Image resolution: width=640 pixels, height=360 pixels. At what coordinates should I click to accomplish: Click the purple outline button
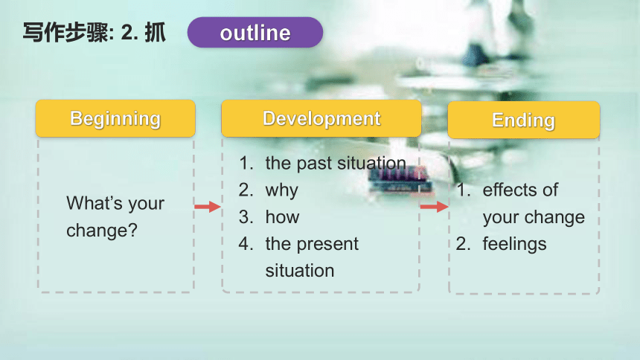255,32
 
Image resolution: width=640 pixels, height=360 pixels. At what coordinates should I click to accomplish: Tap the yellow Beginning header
115,118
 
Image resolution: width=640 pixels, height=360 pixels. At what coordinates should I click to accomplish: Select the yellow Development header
321,118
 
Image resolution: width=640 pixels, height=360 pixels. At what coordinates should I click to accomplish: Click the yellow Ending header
524,120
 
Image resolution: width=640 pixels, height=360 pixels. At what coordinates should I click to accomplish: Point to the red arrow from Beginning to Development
208,207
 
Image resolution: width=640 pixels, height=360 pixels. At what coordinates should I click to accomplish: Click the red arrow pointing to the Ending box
435,207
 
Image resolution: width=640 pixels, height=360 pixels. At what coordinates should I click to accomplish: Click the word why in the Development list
281,190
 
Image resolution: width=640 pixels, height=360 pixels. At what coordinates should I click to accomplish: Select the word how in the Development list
282,217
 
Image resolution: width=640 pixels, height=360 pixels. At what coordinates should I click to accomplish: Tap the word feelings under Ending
514,245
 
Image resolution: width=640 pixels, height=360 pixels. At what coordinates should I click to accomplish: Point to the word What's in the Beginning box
95,203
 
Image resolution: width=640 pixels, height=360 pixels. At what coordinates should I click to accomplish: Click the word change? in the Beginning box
102,230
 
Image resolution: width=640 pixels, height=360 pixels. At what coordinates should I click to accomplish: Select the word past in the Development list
314,164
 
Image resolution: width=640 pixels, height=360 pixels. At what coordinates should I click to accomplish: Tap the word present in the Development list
327,245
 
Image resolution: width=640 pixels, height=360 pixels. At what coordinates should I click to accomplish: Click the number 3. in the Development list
246,217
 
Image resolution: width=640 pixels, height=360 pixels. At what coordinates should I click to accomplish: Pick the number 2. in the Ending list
464,244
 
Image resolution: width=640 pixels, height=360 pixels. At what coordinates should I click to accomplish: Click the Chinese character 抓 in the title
155,33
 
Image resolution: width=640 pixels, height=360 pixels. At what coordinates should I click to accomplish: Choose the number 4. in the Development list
246,244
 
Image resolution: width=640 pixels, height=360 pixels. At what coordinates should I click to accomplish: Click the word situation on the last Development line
300,271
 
